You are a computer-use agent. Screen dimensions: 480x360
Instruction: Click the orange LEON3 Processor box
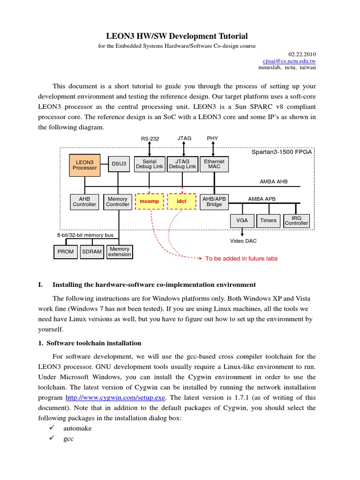(85, 165)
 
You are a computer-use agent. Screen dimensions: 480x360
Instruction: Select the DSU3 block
(119, 164)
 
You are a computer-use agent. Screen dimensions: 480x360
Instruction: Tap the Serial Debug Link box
(150, 164)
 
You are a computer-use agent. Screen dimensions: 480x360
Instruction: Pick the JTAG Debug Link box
(182, 164)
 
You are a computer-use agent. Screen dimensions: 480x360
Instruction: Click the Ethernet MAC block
(214, 164)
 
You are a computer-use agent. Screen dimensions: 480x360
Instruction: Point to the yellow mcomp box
(150, 202)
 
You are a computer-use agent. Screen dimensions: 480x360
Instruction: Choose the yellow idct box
(181, 202)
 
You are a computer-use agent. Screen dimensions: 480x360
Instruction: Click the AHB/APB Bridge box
(214, 202)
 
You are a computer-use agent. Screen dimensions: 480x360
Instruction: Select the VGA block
(242, 220)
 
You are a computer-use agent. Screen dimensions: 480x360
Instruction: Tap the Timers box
(268, 220)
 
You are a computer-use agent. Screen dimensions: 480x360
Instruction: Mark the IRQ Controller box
(297, 220)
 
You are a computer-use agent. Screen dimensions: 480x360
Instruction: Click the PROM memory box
(66, 252)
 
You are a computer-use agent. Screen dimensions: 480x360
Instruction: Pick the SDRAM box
(92, 252)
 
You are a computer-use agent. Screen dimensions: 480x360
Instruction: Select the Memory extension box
(120, 252)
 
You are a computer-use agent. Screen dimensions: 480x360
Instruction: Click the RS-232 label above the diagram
(150, 139)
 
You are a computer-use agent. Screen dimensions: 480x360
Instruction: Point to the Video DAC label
(243, 241)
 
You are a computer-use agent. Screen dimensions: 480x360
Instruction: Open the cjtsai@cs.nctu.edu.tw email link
(289, 61)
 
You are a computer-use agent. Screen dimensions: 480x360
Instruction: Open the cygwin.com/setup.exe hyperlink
(115, 397)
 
